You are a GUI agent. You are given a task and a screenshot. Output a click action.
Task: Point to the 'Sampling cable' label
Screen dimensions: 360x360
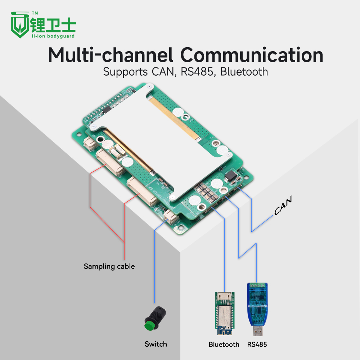click(x=109, y=266)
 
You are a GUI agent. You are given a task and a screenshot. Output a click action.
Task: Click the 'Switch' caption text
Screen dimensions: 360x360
click(x=156, y=344)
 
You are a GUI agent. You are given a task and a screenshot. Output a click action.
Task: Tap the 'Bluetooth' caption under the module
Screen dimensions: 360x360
click(x=224, y=345)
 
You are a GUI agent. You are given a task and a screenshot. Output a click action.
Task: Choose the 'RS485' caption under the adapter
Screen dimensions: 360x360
click(x=257, y=345)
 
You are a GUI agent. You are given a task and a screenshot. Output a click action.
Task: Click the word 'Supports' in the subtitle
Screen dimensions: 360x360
click(x=123, y=71)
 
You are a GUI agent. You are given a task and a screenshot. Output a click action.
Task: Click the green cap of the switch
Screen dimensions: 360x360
click(x=149, y=326)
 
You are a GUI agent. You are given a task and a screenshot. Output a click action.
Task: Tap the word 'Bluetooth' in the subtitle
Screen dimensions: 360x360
click(x=244, y=71)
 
